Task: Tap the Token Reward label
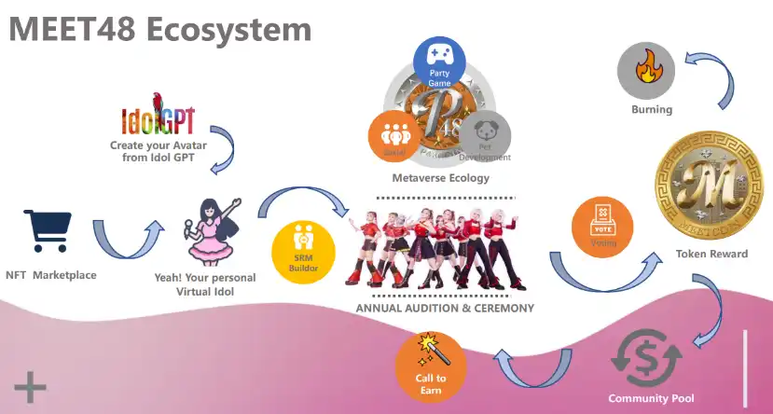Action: pyautogui.click(x=712, y=254)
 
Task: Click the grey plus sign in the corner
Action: pyautogui.click(x=30, y=386)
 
